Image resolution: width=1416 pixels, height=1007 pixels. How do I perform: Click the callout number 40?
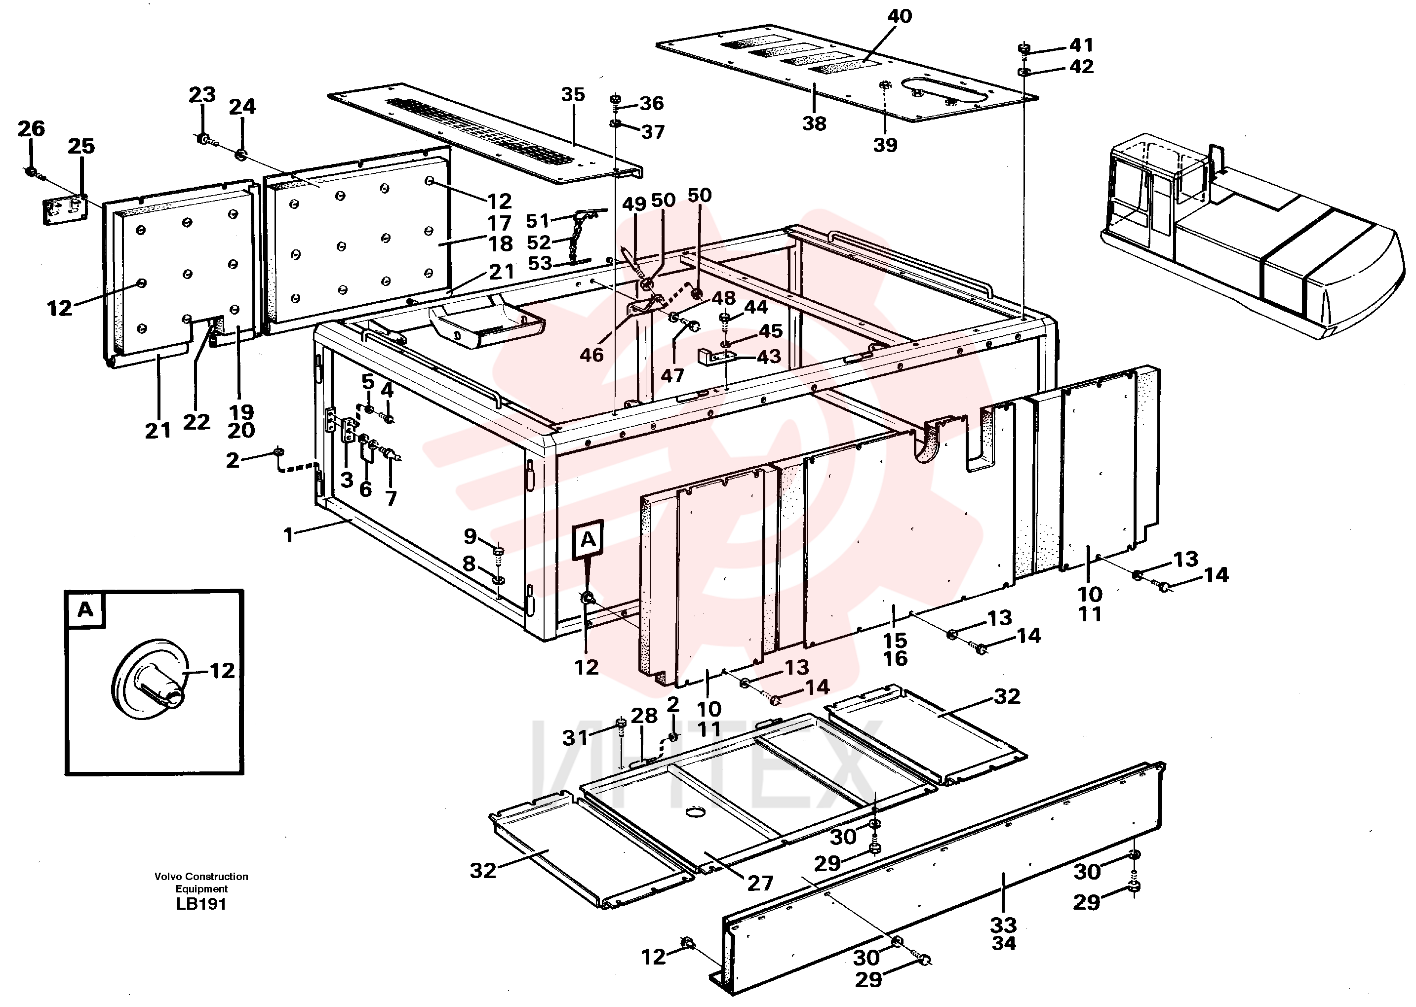(x=899, y=16)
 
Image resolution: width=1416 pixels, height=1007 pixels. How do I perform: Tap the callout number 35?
(x=572, y=95)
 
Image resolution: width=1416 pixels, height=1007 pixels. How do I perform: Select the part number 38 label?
(x=814, y=124)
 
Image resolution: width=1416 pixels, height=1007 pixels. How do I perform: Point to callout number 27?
(x=760, y=883)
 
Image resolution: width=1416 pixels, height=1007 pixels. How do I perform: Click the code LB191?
(x=201, y=904)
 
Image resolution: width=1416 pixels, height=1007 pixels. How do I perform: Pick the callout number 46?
(x=591, y=355)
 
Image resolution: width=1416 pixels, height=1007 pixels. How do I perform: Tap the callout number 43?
(x=768, y=357)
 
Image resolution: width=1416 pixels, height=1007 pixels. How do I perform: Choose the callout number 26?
(x=31, y=129)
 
